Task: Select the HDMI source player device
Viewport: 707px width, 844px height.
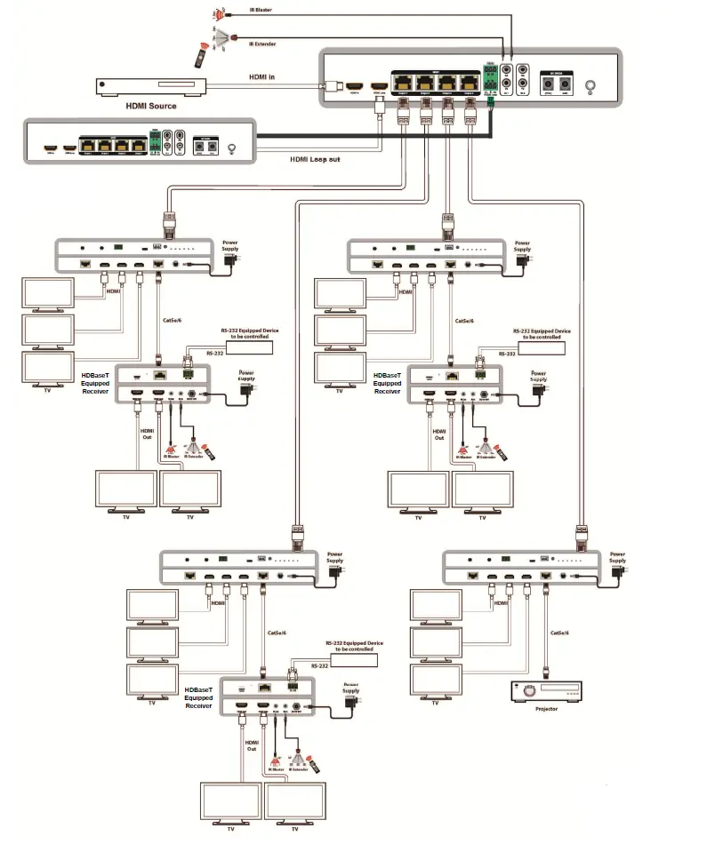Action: (x=151, y=86)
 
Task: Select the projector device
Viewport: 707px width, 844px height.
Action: (x=546, y=690)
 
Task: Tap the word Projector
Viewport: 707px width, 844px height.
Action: (x=546, y=709)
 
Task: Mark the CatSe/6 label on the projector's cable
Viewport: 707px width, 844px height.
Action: (x=559, y=633)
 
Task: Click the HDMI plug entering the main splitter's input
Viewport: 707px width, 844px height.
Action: (x=333, y=87)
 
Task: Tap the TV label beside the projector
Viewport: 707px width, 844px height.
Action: (x=435, y=703)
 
